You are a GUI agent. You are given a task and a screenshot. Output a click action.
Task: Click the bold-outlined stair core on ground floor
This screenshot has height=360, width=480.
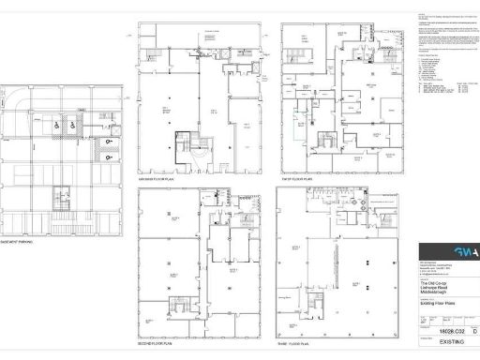point(185,146)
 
